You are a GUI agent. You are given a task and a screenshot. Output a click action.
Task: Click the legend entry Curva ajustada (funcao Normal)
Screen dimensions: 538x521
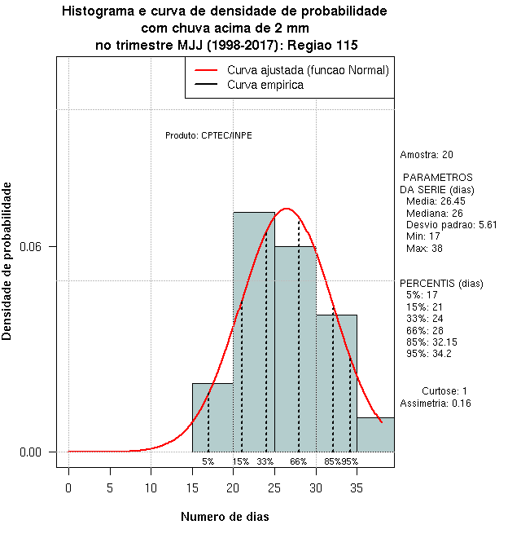point(308,70)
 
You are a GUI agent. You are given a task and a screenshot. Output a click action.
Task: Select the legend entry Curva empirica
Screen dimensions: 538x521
point(265,85)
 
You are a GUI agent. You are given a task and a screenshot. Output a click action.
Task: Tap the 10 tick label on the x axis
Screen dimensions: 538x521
point(151,489)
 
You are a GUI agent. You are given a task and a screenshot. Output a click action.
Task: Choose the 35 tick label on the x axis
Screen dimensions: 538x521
point(356,489)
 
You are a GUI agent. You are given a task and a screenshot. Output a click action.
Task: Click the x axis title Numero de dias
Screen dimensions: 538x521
point(224,517)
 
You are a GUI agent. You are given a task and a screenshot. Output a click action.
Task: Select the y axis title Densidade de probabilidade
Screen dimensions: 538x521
point(8,261)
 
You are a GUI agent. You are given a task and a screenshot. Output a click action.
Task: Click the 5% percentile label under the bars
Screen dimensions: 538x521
point(208,461)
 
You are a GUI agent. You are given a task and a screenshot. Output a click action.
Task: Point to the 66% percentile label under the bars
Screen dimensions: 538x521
point(299,461)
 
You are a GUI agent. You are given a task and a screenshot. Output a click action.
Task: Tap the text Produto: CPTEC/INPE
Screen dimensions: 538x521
point(208,135)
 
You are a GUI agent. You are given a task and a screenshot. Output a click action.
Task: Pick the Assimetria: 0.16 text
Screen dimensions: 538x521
point(436,403)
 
